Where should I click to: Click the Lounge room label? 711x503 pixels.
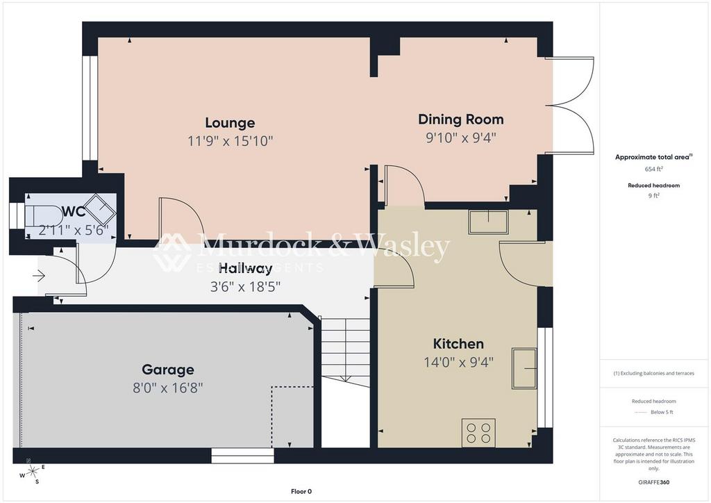[x=230, y=123]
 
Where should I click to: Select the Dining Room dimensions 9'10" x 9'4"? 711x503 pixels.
[x=460, y=138]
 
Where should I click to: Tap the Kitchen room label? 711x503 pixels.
[x=458, y=344]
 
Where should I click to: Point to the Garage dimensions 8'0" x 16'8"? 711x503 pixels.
[x=167, y=388]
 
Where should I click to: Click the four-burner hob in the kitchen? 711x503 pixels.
[x=478, y=432]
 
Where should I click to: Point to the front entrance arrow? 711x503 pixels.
[x=39, y=277]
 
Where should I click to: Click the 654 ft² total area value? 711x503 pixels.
[x=653, y=169]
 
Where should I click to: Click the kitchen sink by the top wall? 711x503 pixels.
[x=487, y=221]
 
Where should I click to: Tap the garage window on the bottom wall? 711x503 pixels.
[x=242, y=456]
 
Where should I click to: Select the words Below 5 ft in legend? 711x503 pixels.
[x=661, y=412]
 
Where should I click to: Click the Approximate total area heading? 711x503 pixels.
[x=653, y=157]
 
